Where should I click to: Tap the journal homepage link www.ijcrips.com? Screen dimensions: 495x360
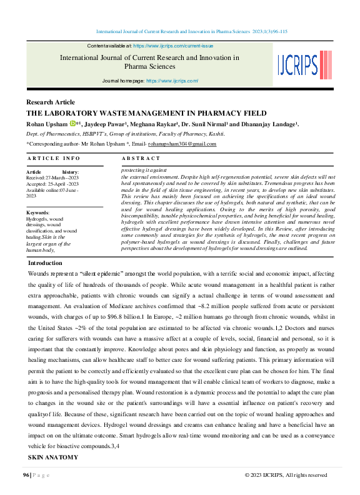(x=172, y=81)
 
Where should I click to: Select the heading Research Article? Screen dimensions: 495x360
(x=51, y=102)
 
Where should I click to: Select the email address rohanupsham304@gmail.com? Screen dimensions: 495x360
(x=186, y=144)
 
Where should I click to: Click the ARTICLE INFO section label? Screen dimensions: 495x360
(x=54, y=159)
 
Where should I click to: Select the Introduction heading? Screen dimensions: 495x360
(x=46, y=263)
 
